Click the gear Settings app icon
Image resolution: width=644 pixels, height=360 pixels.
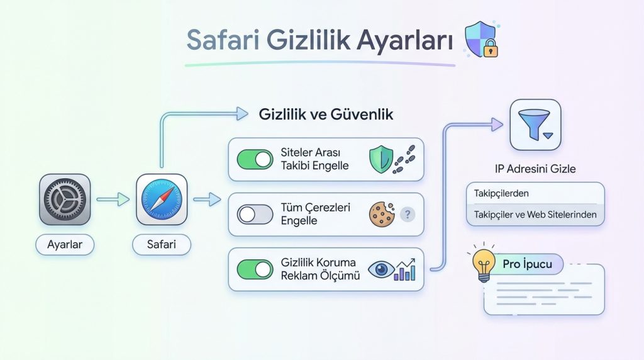(65, 200)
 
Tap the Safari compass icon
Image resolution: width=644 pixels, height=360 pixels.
(162, 200)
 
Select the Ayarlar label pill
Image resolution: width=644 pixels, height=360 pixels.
(65, 244)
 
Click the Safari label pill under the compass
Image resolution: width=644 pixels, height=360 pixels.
(162, 244)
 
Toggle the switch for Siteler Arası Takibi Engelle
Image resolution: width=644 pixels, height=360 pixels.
(255, 160)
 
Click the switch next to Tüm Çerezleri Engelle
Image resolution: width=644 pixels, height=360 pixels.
(255, 215)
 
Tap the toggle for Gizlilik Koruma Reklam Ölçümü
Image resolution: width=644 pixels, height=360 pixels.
(255, 269)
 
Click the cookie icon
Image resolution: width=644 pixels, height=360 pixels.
(380, 214)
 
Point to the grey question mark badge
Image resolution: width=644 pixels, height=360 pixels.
(408, 214)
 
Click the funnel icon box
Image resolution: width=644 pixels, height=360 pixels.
(535, 125)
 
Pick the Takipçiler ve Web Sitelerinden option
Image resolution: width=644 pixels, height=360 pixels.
(535, 215)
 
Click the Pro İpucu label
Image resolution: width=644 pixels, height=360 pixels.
(527, 264)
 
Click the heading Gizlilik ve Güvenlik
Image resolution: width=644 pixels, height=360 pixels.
(326, 115)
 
